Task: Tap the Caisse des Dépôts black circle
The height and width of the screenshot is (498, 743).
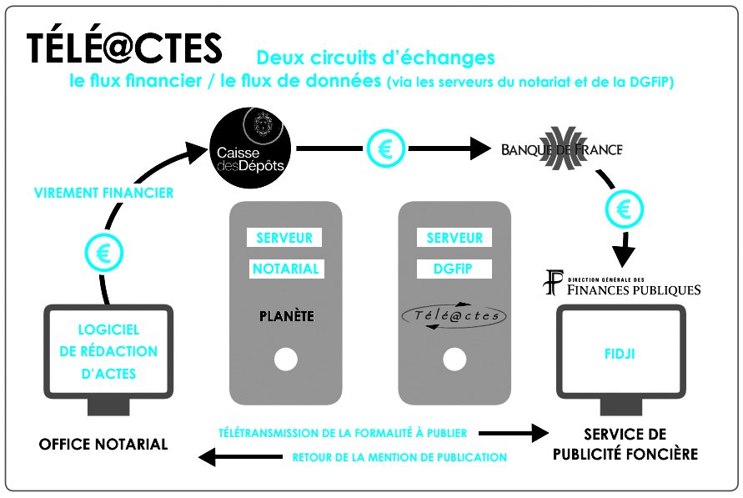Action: [x=250, y=148]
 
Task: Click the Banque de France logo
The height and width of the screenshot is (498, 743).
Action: [x=562, y=148]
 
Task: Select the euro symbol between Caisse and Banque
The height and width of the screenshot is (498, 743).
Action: [x=386, y=148]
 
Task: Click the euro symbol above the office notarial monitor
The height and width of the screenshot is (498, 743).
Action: [x=103, y=253]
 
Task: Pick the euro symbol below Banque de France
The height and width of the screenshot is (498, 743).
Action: [x=624, y=209]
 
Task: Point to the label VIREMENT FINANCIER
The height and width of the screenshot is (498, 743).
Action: [x=103, y=193]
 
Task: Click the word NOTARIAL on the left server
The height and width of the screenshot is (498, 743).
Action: [x=286, y=269]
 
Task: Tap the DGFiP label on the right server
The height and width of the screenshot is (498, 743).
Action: [x=453, y=269]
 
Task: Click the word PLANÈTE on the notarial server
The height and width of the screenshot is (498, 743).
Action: [x=287, y=316]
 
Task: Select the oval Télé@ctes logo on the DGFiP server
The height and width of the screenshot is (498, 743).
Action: [x=454, y=315]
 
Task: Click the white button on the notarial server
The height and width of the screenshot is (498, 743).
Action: [x=286, y=360]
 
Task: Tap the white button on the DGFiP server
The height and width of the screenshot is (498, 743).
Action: [x=454, y=360]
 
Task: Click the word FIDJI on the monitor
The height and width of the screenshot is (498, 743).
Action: [x=620, y=354]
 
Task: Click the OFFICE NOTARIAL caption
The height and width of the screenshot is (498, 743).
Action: [x=103, y=444]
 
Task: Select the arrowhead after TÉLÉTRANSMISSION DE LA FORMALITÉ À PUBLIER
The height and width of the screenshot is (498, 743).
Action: [x=540, y=433]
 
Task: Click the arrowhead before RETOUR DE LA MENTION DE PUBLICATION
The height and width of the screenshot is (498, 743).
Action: [x=207, y=457]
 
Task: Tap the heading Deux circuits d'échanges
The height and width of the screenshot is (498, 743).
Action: [x=375, y=58]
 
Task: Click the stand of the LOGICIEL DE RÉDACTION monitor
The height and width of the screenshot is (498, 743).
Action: [x=108, y=407]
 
